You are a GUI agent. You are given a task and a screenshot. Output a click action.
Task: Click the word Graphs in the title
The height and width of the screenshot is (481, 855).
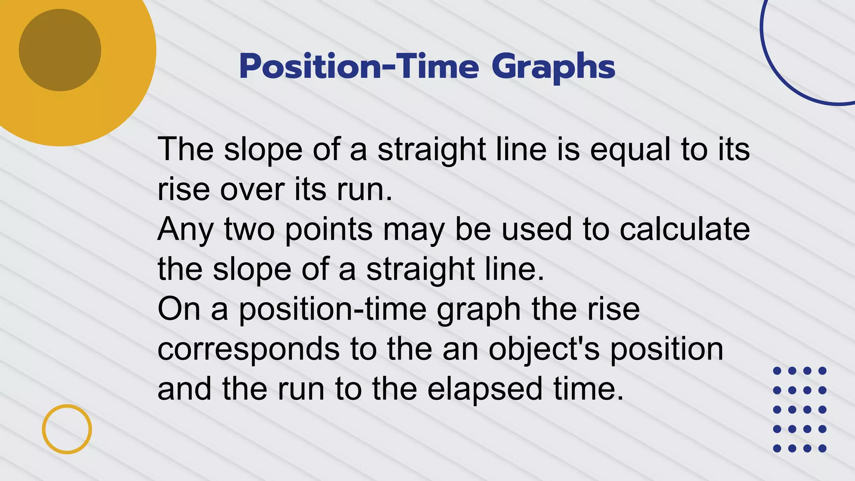click(553, 67)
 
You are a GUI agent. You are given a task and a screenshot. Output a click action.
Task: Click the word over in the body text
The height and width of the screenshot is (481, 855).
click(252, 190)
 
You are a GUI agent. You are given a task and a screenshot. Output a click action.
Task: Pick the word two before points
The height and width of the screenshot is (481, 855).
click(249, 230)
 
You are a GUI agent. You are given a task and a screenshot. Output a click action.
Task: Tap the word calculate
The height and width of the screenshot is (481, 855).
click(685, 230)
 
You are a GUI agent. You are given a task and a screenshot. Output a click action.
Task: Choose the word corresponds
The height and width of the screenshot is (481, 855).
click(248, 350)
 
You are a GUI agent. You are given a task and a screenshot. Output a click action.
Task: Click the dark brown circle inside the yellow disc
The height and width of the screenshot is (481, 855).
click(60, 50)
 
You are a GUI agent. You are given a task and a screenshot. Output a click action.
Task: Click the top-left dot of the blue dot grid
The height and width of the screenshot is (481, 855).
click(777, 371)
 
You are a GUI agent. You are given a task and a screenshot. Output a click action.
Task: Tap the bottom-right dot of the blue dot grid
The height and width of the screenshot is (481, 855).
click(822, 448)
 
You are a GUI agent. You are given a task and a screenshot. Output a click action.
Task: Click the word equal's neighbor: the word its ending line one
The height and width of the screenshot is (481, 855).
click(734, 149)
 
